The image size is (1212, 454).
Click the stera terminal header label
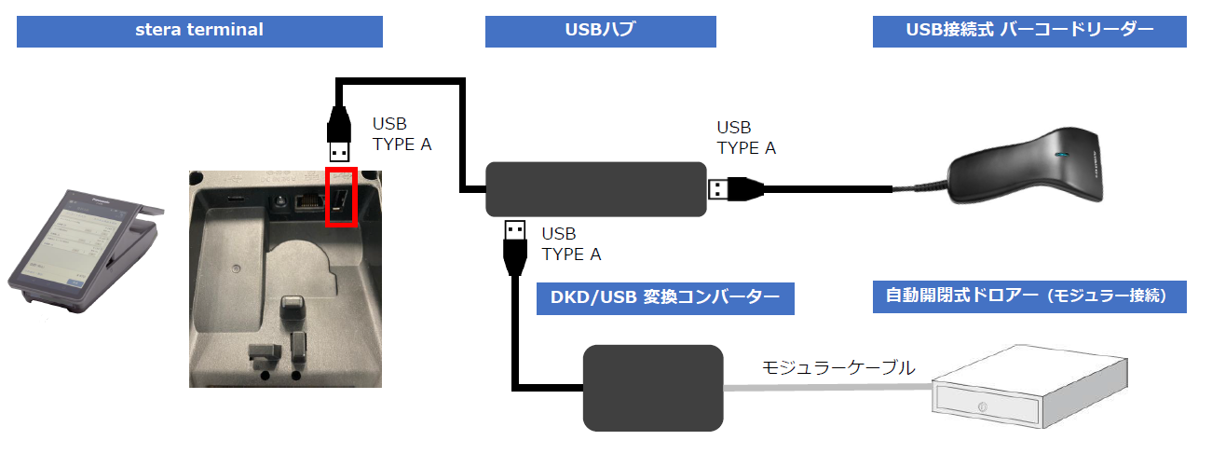pos(199,30)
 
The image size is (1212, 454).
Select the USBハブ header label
pos(600,30)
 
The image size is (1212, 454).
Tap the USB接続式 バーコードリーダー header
pos(1029,30)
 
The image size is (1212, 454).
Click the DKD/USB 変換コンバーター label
pos(666,298)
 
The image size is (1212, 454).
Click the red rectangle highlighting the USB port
pos(340,197)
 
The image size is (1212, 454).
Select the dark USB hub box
pos(596,189)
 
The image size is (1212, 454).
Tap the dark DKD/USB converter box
pos(653,388)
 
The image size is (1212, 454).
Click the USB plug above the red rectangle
pos(339,140)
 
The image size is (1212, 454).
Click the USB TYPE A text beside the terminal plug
pos(402,134)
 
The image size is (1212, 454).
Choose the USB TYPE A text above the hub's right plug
pos(745,137)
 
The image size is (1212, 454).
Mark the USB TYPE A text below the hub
pos(571,243)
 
